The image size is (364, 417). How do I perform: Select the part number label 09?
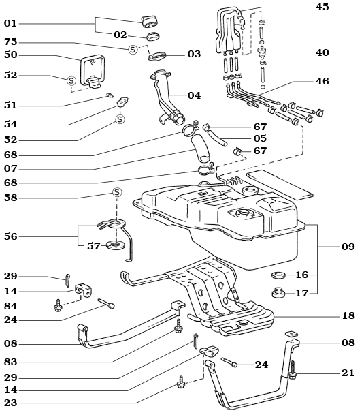pyautogui.click(x=348, y=247)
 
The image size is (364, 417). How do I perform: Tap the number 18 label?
pyautogui.click(x=348, y=317)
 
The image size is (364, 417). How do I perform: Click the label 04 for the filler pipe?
pyautogui.click(x=195, y=95)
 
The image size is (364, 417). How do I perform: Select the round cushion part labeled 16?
pyautogui.click(x=278, y=276)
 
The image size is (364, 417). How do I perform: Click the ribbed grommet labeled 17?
pyautogui.click(x=278, y=294)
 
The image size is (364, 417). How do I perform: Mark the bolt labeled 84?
pyautogui.click(x=59, y=307)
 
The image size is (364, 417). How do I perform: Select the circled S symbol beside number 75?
pyautogui.click(x=133, y=49)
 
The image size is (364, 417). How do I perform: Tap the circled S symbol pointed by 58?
pyautogui.click(x=116, y=193)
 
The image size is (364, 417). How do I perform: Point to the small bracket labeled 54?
pyautogui.click(x=124, y=102)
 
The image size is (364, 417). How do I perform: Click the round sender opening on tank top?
pyautogui.click(x=241, y=216)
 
